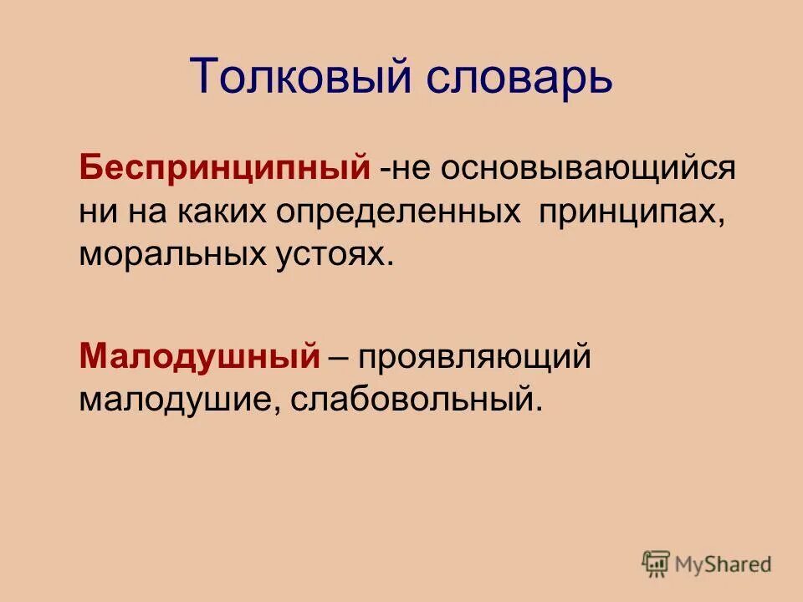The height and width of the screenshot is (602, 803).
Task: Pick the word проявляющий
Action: tap(476, 357)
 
